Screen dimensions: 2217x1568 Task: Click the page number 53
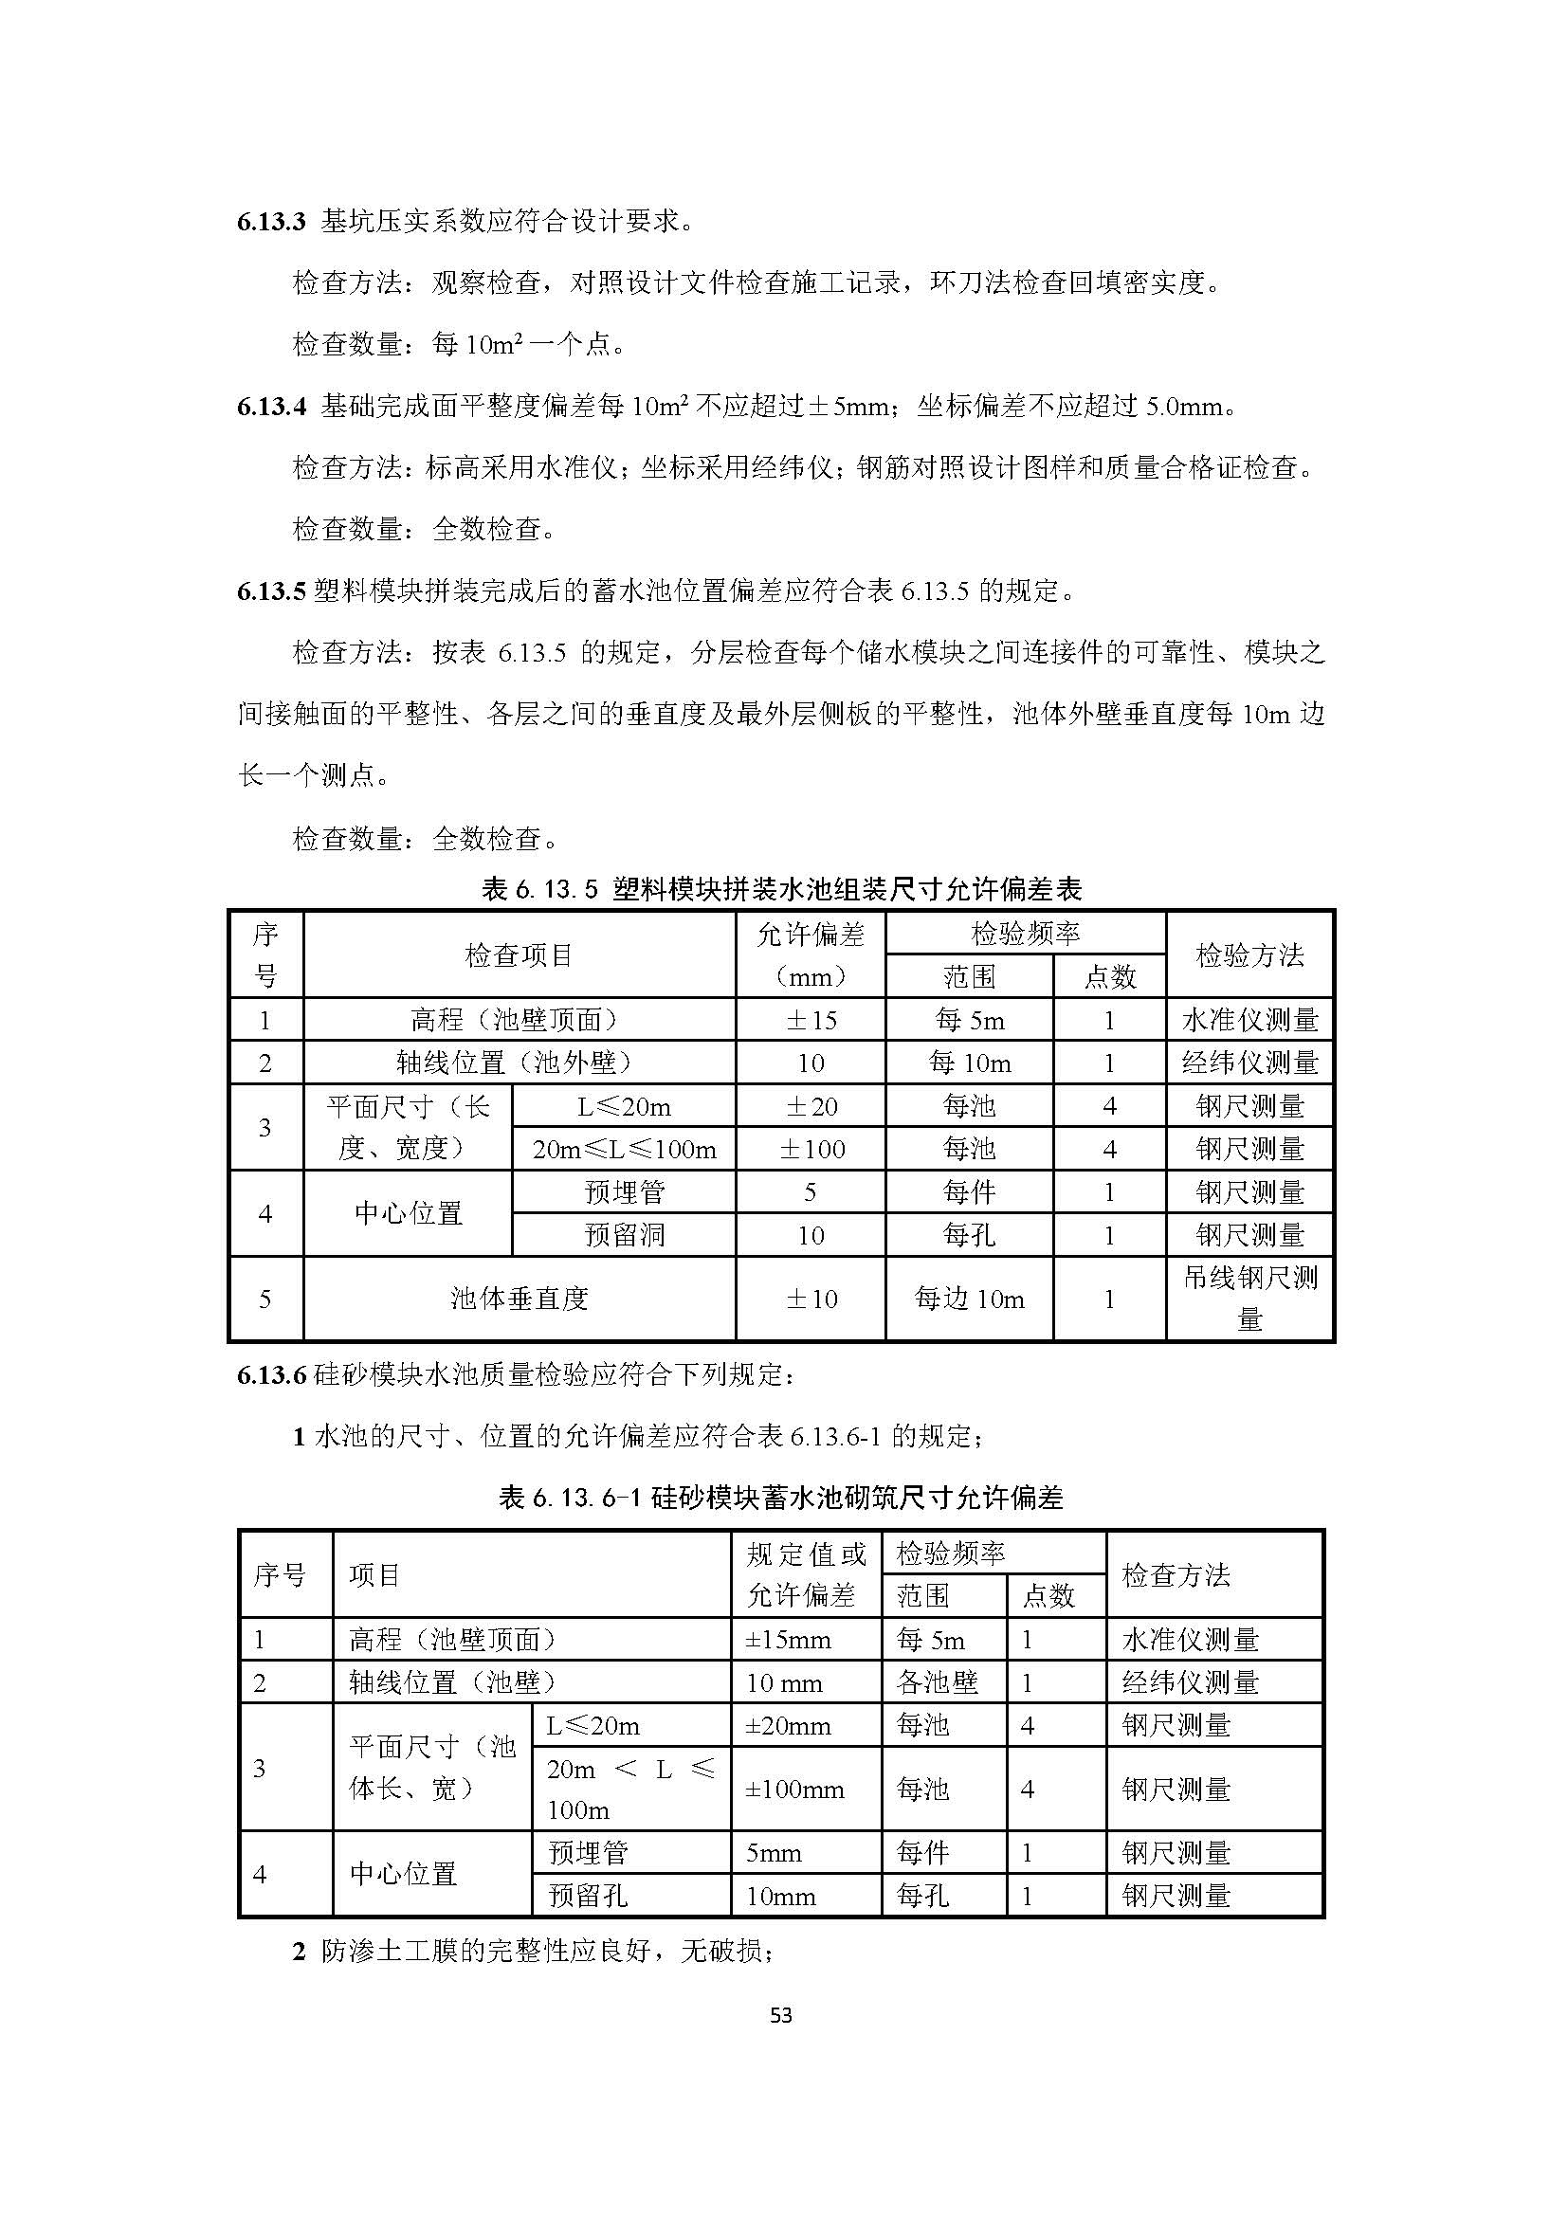782,2015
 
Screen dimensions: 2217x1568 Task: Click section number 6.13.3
271,222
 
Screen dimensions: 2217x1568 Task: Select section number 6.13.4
271,407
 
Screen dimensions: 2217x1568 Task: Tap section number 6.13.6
271,1375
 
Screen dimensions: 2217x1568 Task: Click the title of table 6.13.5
781,888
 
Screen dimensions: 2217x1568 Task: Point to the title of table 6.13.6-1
781,1498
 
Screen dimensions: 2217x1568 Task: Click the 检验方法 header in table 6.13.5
1249,955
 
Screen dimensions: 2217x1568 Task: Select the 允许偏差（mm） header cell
810,955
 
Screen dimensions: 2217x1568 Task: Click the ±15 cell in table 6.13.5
810,1020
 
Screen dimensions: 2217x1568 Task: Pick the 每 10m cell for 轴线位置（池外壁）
970,1063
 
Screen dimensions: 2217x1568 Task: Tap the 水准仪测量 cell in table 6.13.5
1249,1020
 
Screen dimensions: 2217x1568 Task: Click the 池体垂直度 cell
520,1299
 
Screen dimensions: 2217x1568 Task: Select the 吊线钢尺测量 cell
1249,1299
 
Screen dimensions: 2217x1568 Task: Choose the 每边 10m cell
970,1299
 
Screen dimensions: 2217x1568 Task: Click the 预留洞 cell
624,1235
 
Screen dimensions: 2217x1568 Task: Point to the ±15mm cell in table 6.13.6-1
788,1640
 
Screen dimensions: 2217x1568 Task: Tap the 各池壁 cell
937,1683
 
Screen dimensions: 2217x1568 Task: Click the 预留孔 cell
589,1896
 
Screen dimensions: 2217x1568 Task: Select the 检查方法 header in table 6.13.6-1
1176,1576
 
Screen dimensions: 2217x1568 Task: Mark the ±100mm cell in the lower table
794,1790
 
